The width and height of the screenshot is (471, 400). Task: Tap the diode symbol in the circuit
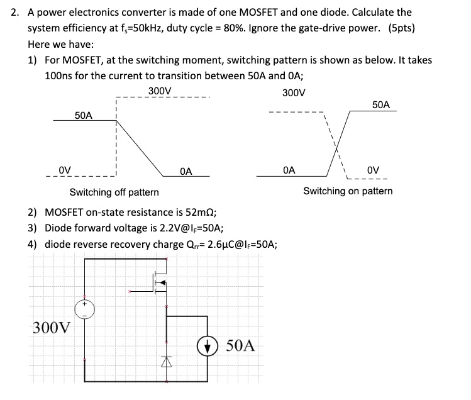pos(167,360)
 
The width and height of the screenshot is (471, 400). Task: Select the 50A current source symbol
pos(207,345)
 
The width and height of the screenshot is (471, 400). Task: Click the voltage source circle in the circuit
pos(86,309)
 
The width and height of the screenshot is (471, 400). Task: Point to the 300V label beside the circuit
pos(52,328)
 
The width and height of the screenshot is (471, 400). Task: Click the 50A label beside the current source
pos(240,345)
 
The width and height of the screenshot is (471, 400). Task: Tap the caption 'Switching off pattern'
pos(114,192)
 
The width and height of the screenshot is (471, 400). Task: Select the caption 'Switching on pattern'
pos(348,191)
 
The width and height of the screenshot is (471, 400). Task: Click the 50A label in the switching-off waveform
pos(83,116)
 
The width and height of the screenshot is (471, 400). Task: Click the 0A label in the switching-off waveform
pos(186,170)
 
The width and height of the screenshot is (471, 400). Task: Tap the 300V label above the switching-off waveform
pos(160,91)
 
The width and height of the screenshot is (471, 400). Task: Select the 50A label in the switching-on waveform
pos(381,104)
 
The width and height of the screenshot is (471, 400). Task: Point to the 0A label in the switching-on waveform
pos(289,169)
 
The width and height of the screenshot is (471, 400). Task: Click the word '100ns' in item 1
pos(59,75)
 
